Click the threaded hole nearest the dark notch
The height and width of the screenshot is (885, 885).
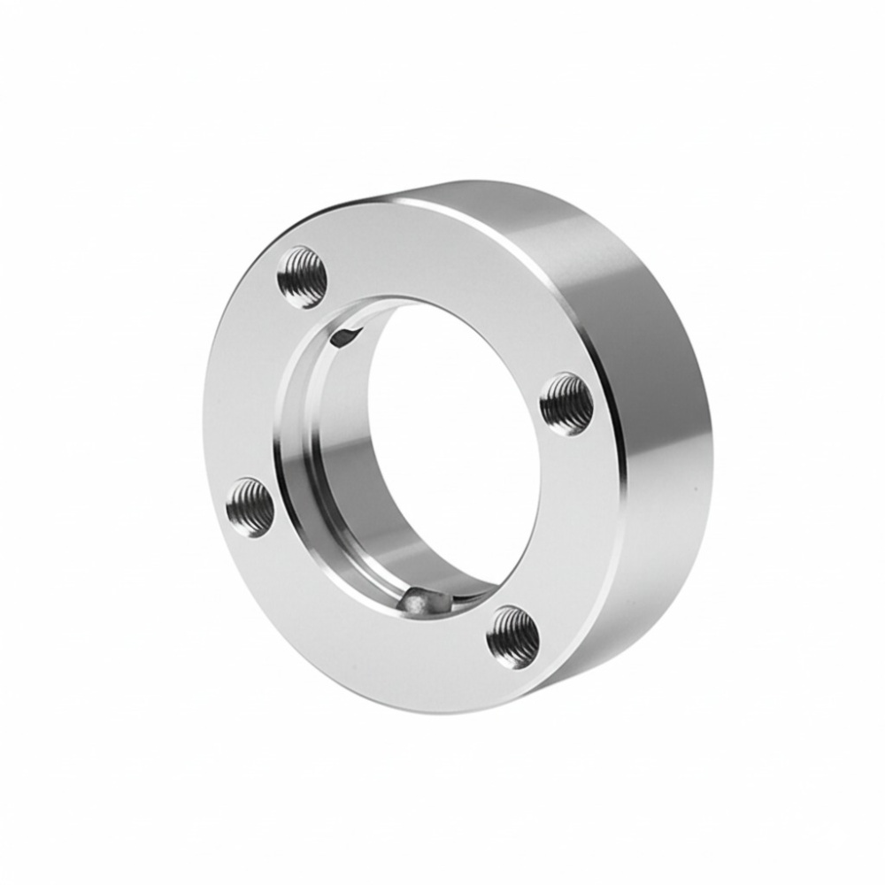(303, 277)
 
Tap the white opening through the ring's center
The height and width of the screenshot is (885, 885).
(451, 442)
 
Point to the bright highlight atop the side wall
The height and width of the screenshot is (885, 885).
(496, 199)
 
